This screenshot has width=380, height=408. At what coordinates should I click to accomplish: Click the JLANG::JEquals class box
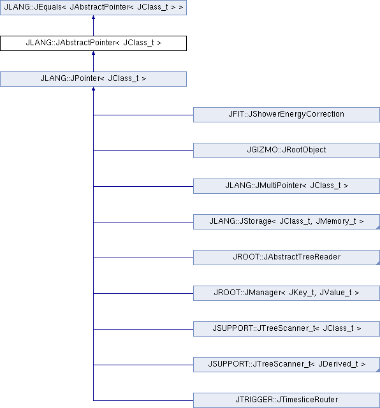(93, 8)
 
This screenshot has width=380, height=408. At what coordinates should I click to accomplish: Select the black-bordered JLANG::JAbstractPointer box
(93, 43)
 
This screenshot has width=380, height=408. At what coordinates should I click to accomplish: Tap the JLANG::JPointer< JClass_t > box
(93, 79)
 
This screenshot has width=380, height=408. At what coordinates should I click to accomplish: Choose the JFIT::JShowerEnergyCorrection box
(286, 115)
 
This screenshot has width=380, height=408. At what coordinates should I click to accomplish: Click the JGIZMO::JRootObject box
(286, 150)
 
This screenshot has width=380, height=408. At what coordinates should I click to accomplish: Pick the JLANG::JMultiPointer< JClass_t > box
(286, 186)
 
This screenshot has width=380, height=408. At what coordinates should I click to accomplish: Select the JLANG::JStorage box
(286, 222)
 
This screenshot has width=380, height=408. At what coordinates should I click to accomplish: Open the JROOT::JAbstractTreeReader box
(286, 258)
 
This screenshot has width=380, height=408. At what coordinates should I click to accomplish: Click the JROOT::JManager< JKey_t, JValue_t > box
(286, 293)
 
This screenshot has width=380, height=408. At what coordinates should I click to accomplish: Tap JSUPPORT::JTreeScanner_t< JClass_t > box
(286, 329)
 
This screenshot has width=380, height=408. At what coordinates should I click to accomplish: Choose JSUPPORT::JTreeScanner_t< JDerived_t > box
(286, 364)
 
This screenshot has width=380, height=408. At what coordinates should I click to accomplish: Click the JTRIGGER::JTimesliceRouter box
(286, 400)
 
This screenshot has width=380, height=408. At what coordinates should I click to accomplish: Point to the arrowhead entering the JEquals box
(93, 17)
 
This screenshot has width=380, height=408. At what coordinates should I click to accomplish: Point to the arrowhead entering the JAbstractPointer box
(93, 53)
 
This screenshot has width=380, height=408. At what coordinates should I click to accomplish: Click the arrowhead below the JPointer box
(93, 89)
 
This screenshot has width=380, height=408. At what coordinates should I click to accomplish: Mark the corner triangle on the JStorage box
(378, 228)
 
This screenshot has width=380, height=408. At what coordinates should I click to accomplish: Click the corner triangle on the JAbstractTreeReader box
(378, 263)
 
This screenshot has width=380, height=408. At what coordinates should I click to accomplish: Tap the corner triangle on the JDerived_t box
(378, 370)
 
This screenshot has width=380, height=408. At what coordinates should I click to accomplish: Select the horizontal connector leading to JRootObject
(143, 150)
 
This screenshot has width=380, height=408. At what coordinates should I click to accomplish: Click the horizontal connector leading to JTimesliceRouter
(143, 400)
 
